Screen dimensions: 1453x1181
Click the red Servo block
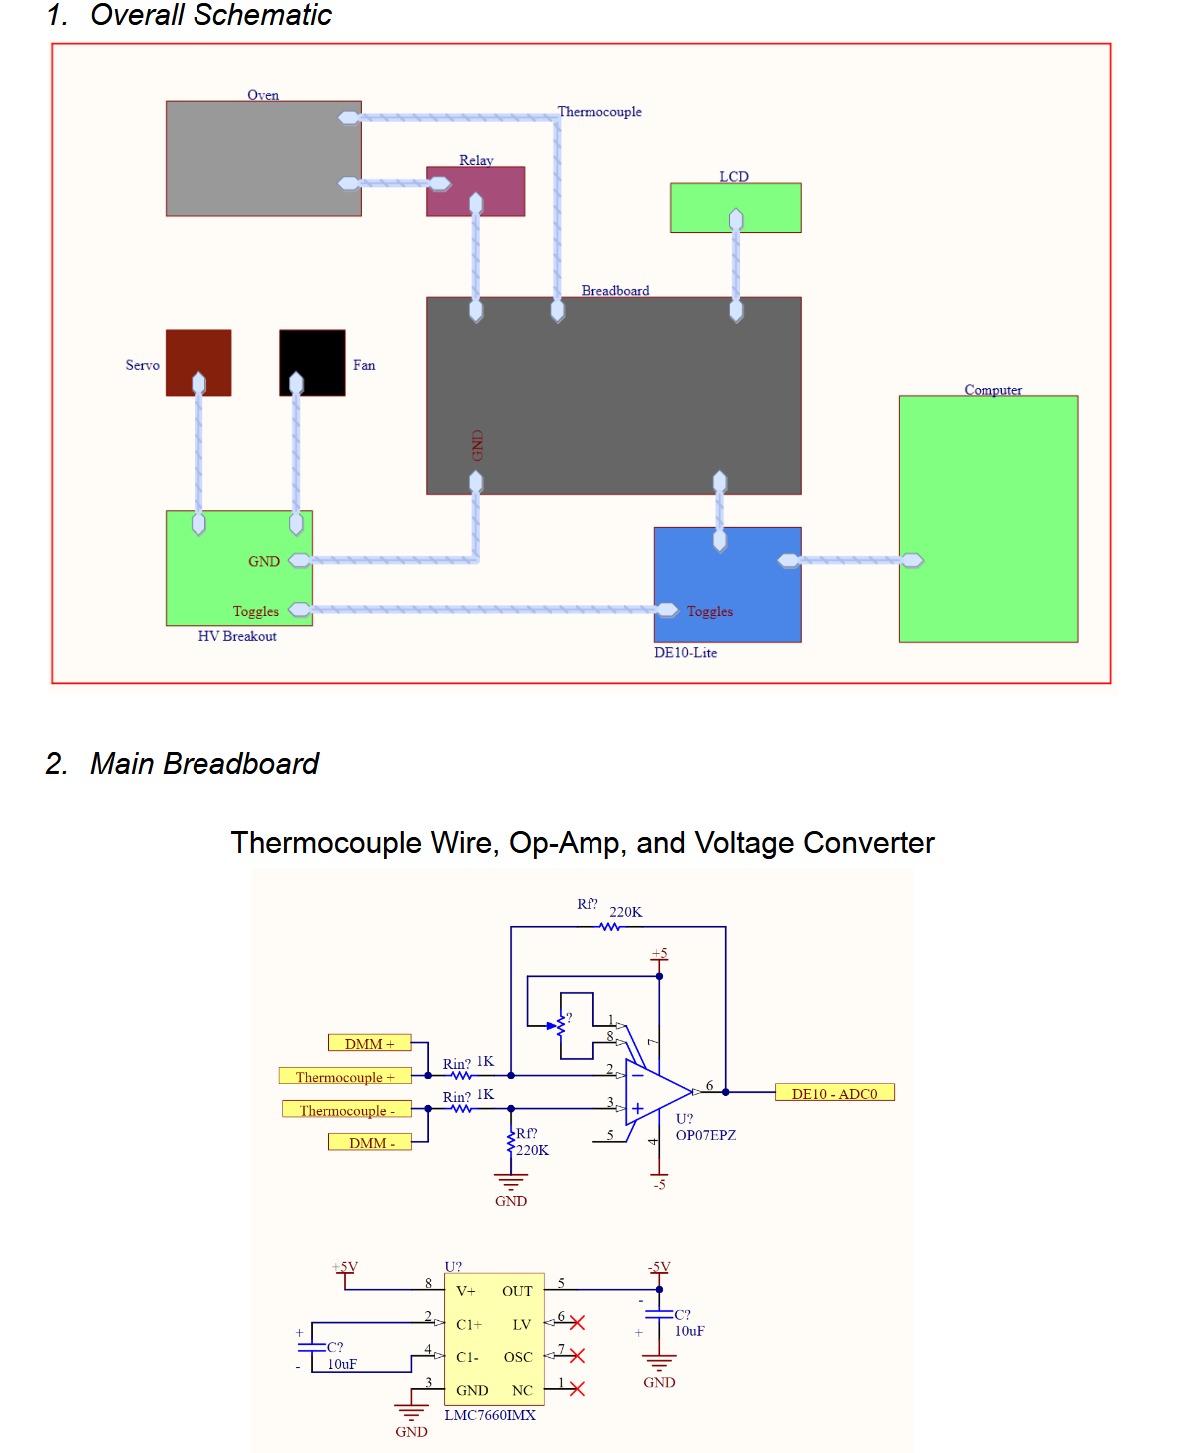click(198, 362)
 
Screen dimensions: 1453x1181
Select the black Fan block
click(312, 362)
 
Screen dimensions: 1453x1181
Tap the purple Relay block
click(475, 191)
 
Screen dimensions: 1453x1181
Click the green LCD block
click(735, 207)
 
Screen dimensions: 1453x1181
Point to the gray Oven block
click(263, 158)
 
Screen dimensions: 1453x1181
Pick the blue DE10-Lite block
click(727, 584)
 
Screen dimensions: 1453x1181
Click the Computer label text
click(992, 390)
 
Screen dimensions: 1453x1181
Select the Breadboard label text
click(614, 291)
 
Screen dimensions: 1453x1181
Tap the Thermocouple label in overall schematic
click(598, 112)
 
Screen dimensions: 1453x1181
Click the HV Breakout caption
click(237, 636)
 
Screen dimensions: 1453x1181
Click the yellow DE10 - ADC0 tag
click(834, 1093)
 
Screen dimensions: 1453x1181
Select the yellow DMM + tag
click(369, 1043)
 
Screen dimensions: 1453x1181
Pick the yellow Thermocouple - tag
click(347, 1110)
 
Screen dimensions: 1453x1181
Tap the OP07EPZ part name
click(705, 1135)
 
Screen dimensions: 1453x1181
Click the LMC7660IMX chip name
click(489, 1415)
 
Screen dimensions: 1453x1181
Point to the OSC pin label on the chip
click(517, 1357)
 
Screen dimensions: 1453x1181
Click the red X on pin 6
click(577, 1323)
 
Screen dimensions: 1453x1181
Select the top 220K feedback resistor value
click(625, 912)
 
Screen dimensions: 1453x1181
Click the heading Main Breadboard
click(203, 764)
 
